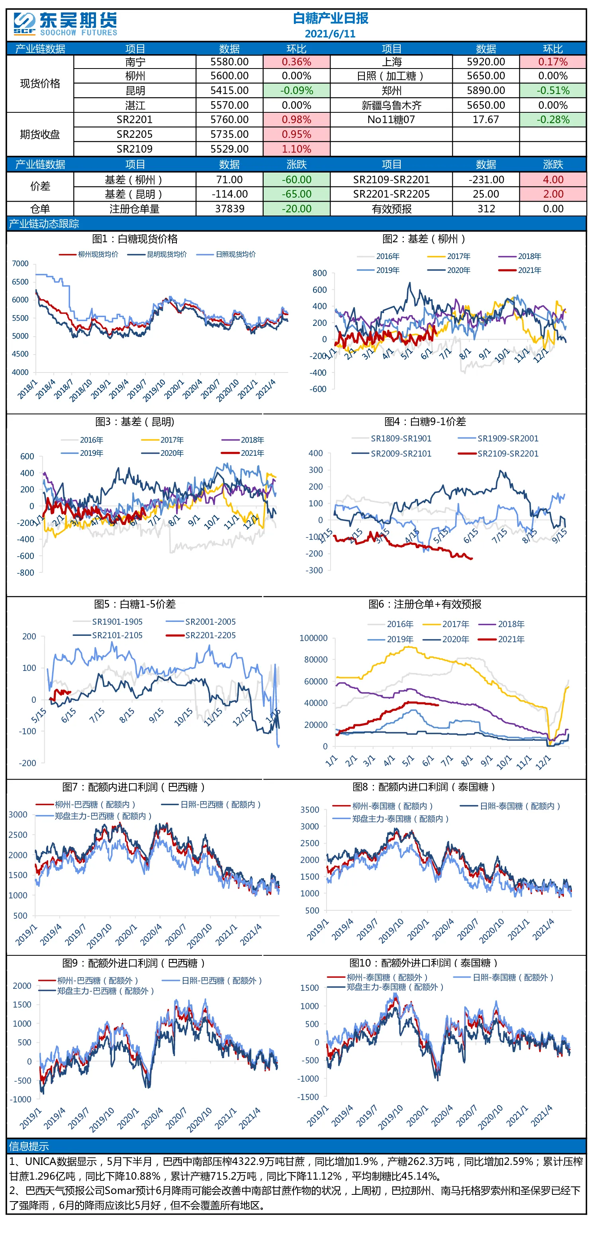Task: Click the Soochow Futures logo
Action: pos(65,24)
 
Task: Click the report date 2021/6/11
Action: pos(330,34)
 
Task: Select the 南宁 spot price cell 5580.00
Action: pos(229,62)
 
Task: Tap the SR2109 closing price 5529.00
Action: pos(229,149)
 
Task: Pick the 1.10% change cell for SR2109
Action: pos(296,149)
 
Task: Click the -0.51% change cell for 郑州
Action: pos(553,90)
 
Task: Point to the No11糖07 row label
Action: pos(391,120)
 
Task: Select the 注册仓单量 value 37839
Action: pos(229,209)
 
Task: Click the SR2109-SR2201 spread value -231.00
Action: pos(486,180)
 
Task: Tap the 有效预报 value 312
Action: pos(486,209)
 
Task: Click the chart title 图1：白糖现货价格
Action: pos(135,239)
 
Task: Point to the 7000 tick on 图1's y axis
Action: pos(20,263)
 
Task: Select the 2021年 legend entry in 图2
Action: pos(520,270)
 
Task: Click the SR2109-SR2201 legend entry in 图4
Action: pos(498,453)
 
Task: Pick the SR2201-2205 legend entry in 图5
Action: pos(201,635)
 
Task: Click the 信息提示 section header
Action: pos(29,1146)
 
